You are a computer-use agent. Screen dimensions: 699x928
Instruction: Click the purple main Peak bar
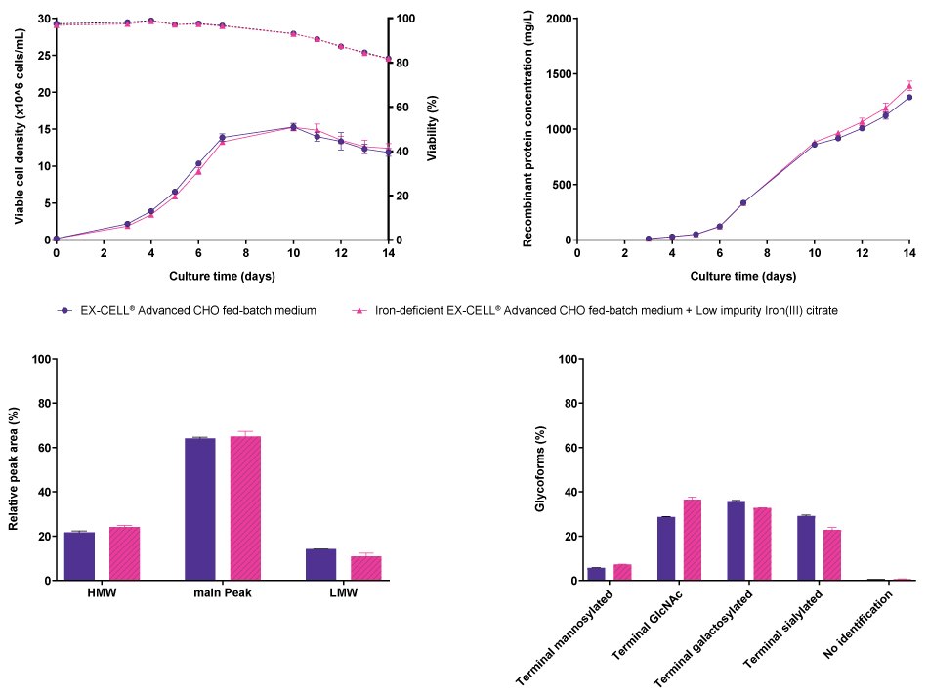pyautogui.click(x=199, y=508)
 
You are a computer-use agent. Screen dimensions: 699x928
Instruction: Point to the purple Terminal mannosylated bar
pyautogui.click(x=596, y=574)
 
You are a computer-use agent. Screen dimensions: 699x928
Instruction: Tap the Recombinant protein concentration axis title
pyautogui.click(x=528, y=129)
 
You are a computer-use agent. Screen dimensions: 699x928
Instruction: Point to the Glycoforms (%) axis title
pyautogui.click(x=540, y=469)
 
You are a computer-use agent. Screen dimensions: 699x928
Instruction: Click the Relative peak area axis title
pyautogui.click(x=15, y=469)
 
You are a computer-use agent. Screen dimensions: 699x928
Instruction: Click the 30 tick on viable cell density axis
pyautogui.click(x=40, y=19)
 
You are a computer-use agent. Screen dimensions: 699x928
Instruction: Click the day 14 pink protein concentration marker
pyautogui.click(x=909, y=86)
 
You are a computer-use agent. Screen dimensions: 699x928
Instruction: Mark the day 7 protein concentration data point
pyautogui.click(x=743, y=202)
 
